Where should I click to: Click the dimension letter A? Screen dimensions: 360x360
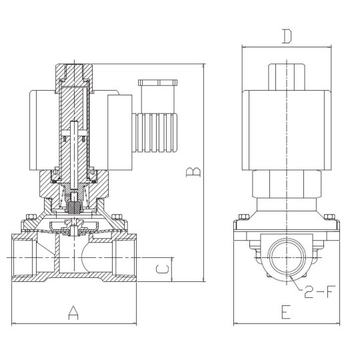[73, 313]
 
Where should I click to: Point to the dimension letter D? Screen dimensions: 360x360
[286, 36]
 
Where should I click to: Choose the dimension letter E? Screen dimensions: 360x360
[285, 313]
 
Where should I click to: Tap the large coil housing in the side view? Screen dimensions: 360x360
[286, 129]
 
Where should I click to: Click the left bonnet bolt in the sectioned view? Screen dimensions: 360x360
[29, 217]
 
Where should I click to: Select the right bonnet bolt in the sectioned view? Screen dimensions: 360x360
[117, 217]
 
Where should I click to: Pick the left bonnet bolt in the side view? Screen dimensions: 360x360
[243, 218]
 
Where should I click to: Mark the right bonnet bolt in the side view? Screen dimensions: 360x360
[328, 218]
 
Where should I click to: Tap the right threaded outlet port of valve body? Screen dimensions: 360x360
[125, 257]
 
